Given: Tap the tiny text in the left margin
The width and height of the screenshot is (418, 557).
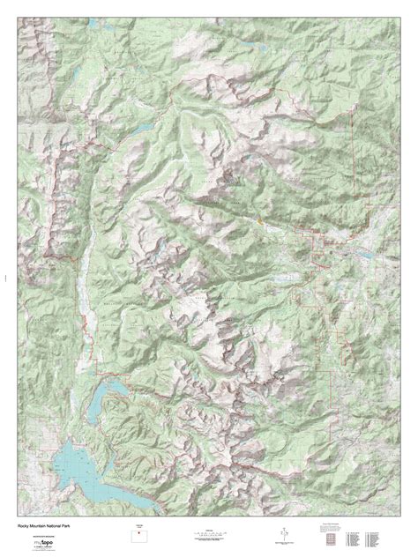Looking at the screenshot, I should point(4,278).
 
